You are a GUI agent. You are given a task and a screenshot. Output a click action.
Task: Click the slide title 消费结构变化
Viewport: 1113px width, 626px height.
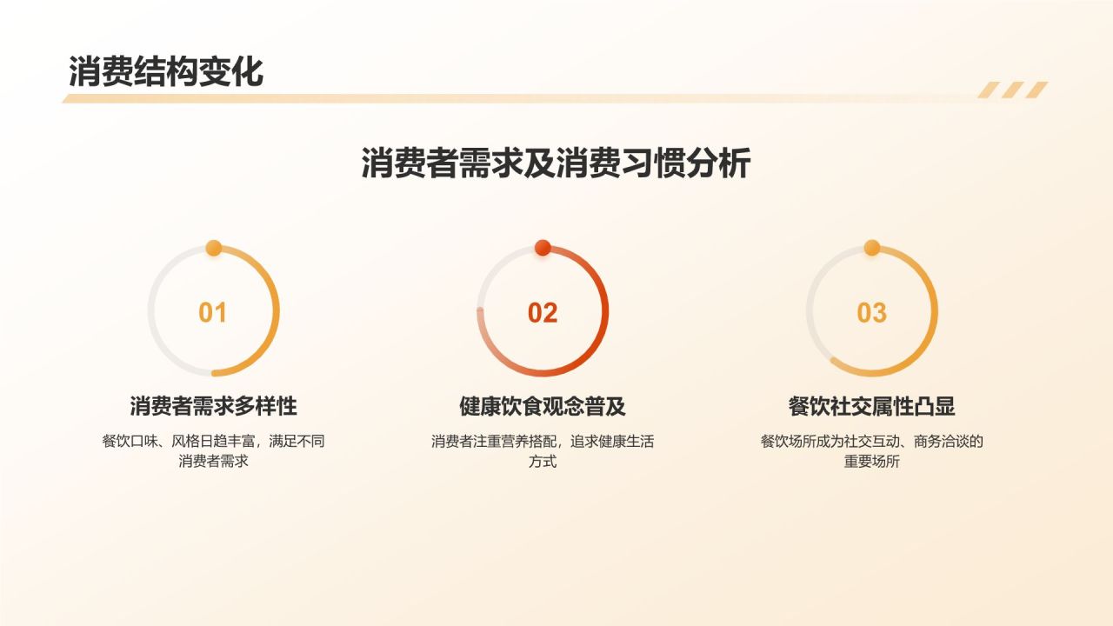click(165, 72)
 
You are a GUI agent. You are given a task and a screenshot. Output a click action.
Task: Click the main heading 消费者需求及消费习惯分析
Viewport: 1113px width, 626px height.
click(556, 163)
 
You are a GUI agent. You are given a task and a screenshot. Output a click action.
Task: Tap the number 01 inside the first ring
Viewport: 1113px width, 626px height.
click(213, 313)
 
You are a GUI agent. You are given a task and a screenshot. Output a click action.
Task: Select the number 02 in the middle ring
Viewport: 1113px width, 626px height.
click(543, 313)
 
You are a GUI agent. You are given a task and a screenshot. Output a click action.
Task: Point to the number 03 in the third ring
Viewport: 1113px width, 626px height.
click(872, 313)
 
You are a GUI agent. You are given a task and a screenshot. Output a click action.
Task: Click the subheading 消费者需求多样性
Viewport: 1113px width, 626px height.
click(213, 406)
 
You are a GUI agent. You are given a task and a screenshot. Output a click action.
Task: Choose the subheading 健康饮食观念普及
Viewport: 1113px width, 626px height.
click(543, 406)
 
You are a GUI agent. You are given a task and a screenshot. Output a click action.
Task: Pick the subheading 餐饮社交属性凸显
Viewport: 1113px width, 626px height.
click(872, 406)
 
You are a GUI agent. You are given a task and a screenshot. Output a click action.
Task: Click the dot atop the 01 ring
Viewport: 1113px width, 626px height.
click(213, 248)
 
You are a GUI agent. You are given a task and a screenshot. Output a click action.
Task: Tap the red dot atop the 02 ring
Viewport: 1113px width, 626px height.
click(543, 248)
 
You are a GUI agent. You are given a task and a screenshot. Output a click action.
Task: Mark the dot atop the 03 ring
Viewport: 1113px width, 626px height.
click(872, 248)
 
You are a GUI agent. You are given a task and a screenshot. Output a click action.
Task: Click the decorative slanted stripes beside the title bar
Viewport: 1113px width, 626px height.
click(1013, 90)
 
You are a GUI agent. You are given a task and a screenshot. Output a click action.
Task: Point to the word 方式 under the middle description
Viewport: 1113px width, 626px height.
click(543, 462)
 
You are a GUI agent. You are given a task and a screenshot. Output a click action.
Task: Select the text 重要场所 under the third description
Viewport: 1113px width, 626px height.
click(872, 462)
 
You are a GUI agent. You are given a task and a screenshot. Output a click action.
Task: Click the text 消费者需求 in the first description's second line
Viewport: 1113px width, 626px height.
click(213, 462)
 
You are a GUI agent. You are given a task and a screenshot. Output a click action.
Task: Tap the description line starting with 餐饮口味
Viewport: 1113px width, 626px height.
click(213, 441)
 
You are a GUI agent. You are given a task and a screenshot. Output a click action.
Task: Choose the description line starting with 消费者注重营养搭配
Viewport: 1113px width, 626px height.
click(543, 441)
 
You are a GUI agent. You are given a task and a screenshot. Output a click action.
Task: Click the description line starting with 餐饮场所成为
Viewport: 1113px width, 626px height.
click(872, 441)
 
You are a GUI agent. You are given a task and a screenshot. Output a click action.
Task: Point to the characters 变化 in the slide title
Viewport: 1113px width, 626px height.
click(230, 72)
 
